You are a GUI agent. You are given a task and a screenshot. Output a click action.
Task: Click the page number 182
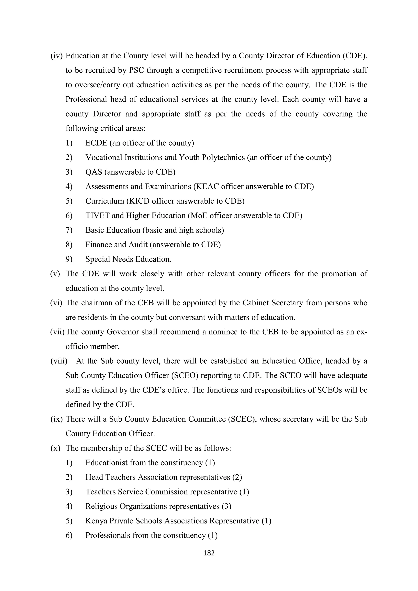coord(209,553)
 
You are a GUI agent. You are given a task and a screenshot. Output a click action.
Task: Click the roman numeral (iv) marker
coord(56,56)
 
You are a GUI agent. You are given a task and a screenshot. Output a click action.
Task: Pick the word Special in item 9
coord(98,259)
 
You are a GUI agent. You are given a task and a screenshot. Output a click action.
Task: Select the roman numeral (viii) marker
coord(59,361)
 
